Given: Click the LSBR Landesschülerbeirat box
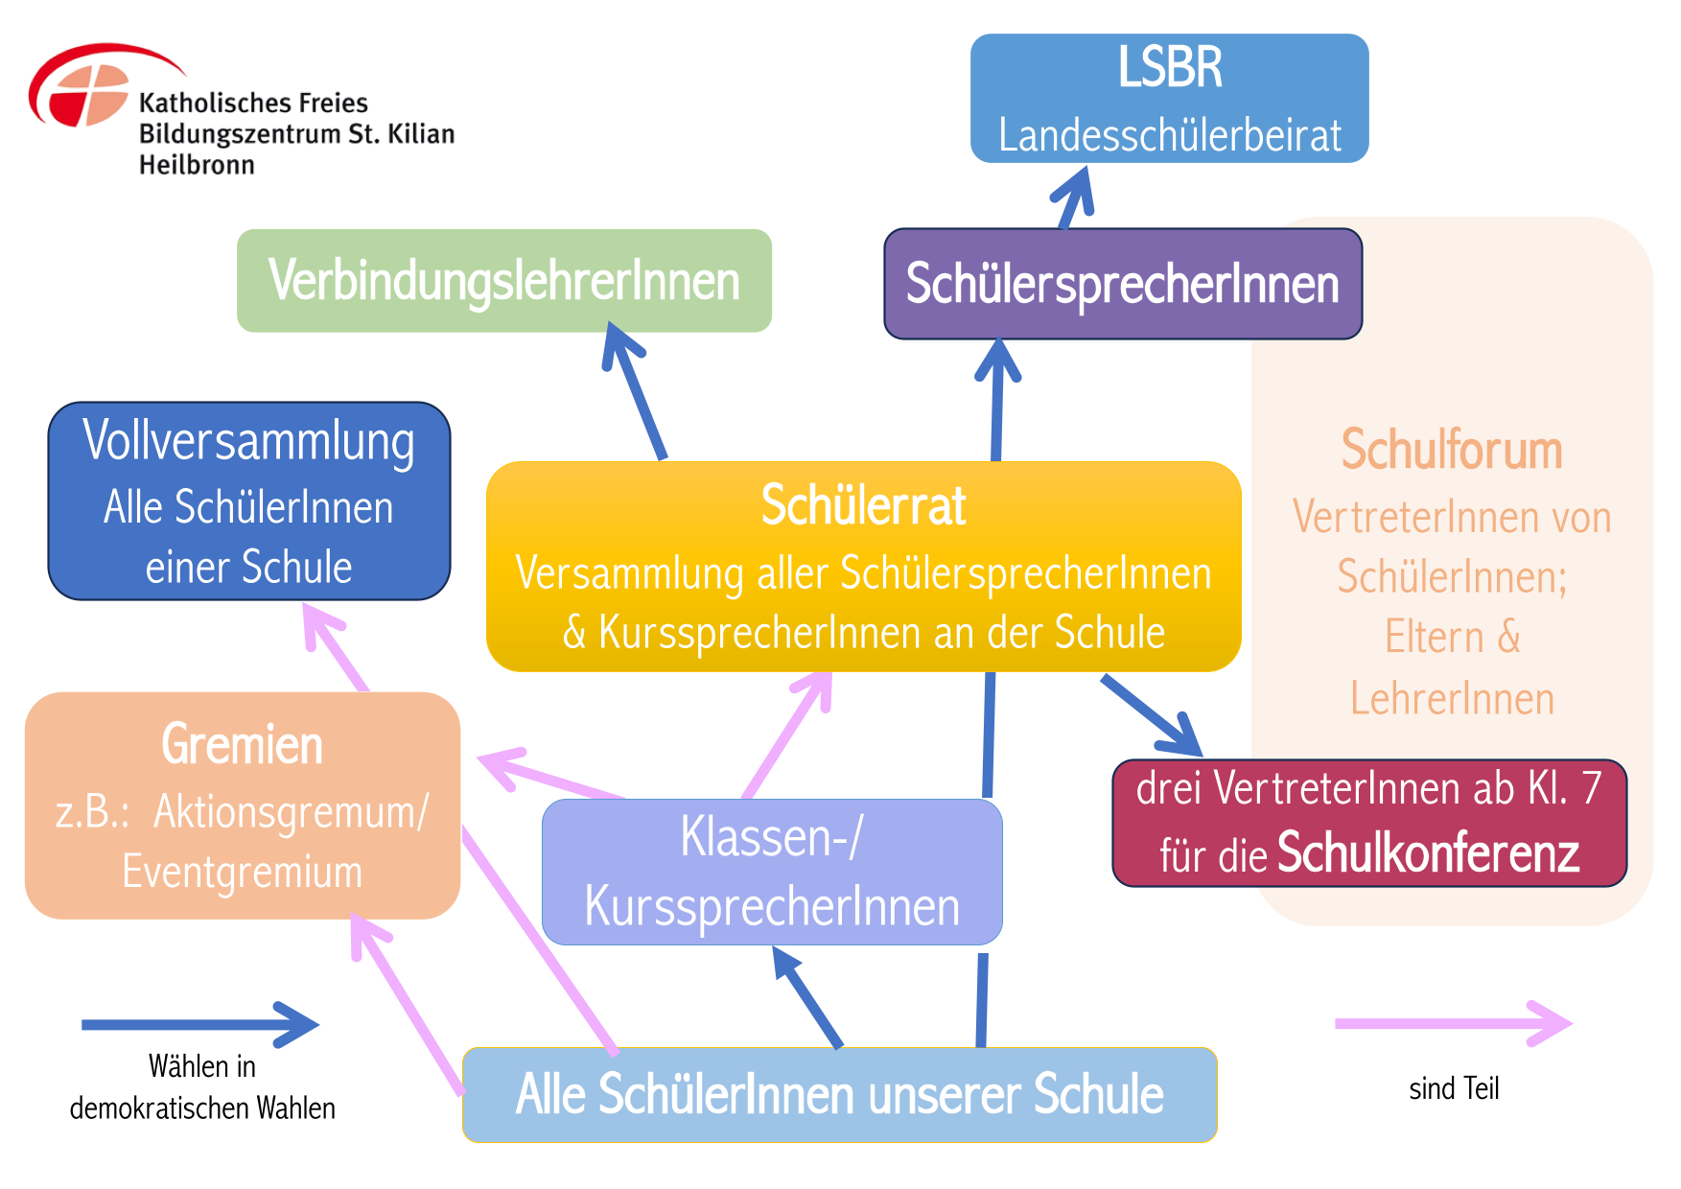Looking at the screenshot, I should tap(1169, 99).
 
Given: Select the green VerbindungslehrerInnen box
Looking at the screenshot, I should tap(504, 281).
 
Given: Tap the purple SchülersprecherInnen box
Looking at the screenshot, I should tap(1122, 284).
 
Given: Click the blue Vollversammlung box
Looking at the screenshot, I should tap(249, 501).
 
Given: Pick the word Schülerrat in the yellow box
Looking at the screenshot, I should tap(863, 506).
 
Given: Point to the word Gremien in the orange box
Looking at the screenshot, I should tap(242, 745).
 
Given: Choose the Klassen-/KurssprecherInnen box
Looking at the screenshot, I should tap(772, 872).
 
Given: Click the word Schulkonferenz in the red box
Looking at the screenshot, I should tap(1428, 852).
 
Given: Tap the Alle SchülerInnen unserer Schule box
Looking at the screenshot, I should tap(839, 1095).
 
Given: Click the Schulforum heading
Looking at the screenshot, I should tap(1451, 450).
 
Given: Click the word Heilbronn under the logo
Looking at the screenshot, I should tap(197, 165).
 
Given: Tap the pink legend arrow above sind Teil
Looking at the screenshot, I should tap(1452, 1023).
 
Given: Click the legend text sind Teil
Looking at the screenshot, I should tap(1453, 1088).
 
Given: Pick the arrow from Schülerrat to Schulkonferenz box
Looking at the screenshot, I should tap(1151, 715).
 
